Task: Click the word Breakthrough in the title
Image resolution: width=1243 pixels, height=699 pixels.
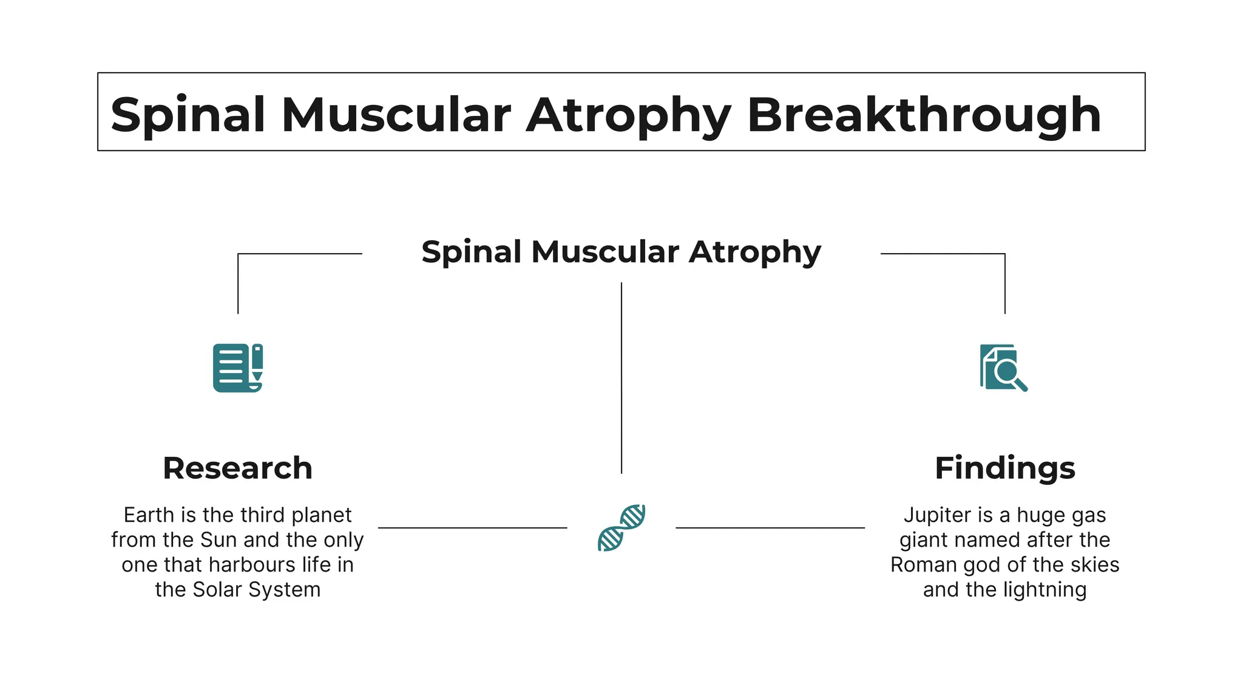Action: point(924,115)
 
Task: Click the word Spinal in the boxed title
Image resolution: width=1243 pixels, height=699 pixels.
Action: point(188,115)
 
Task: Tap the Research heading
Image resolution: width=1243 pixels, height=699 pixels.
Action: point(237,468)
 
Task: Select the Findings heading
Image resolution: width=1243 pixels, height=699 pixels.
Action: point(1004,468)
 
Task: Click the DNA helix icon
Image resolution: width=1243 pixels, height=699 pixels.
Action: point(621,527)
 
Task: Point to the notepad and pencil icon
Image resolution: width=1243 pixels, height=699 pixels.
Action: point(237,368)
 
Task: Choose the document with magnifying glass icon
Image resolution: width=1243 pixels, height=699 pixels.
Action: point(1003,368)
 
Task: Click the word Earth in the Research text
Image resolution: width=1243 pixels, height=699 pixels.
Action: point(149,515)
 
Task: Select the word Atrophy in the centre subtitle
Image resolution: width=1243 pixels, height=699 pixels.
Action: point(754,252)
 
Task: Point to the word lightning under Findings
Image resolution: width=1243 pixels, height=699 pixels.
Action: point(1045,590)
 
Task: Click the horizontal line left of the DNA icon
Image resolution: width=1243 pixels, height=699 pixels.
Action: point(472,528)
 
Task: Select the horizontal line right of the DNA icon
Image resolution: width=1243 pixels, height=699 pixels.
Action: point(770,528)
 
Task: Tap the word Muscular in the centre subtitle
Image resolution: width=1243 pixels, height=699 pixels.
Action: point(605,252)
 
